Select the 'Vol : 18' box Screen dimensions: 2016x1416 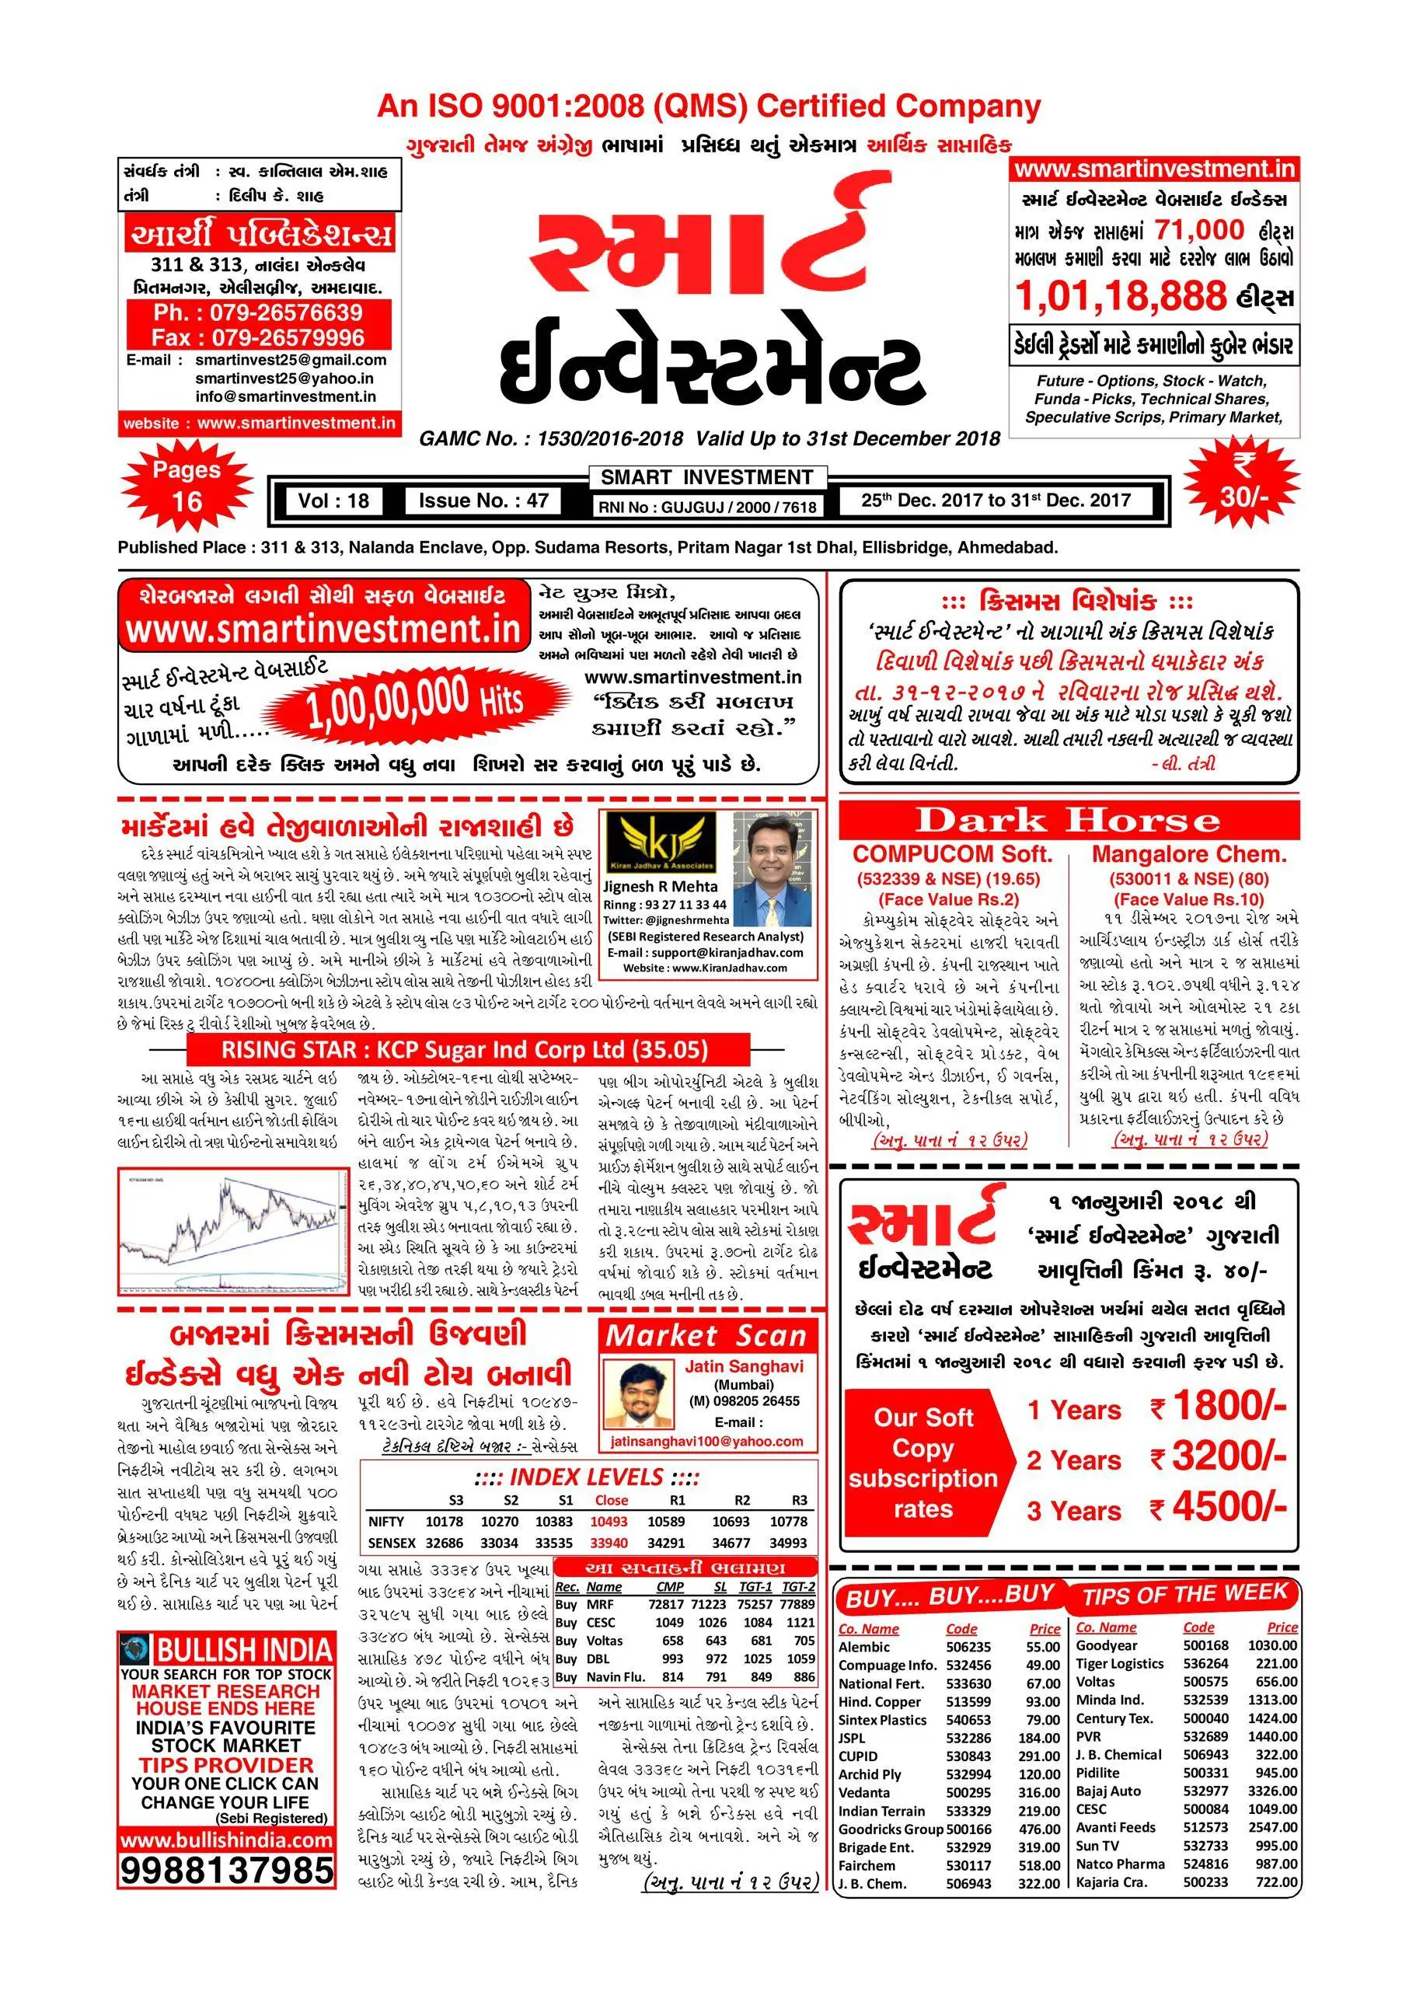(333, 501)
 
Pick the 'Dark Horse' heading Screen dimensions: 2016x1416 (1068, 820)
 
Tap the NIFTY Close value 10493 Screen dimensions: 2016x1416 (609, 1522)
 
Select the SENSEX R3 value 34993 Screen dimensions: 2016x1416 (787, 1543)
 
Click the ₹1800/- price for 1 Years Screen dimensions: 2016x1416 (1219, 1407)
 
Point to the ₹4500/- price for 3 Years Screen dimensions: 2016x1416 (1219, 1508)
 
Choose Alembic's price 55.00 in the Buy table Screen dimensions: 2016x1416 (1043, 1647)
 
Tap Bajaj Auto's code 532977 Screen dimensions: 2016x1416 (1205, 1791)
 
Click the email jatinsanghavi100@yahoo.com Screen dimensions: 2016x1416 (706, 1441)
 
